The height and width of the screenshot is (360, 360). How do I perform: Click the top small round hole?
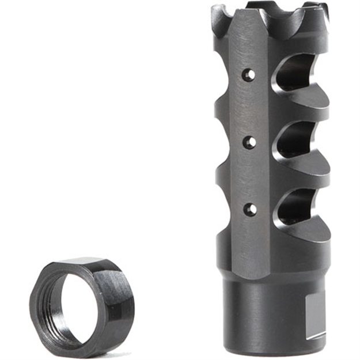(249, 75)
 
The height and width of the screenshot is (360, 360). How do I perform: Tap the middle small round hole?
(249, 142)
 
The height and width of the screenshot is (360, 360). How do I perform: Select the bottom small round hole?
(249, 209)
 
